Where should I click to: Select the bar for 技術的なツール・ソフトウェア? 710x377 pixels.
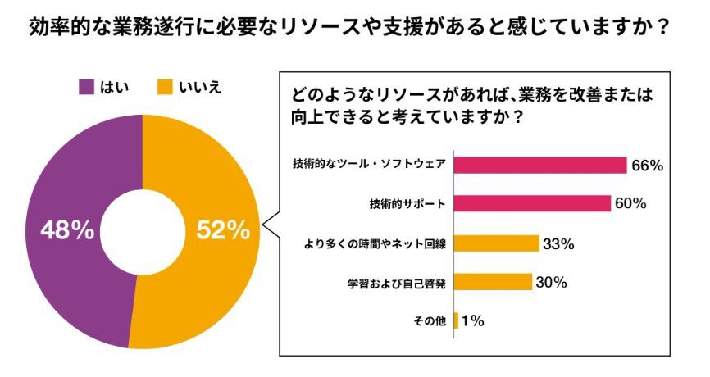pos(539,164)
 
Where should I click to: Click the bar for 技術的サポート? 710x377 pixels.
pos(531,203)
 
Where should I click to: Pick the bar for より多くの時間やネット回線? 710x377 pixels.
pos(495,243)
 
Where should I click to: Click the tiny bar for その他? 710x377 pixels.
pos(456,320)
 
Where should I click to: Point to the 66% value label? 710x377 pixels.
pos(647,165)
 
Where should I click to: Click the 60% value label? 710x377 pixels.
pos(630,203)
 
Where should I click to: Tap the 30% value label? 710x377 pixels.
pos(552,282)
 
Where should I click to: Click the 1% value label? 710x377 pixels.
pos(473,320)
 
